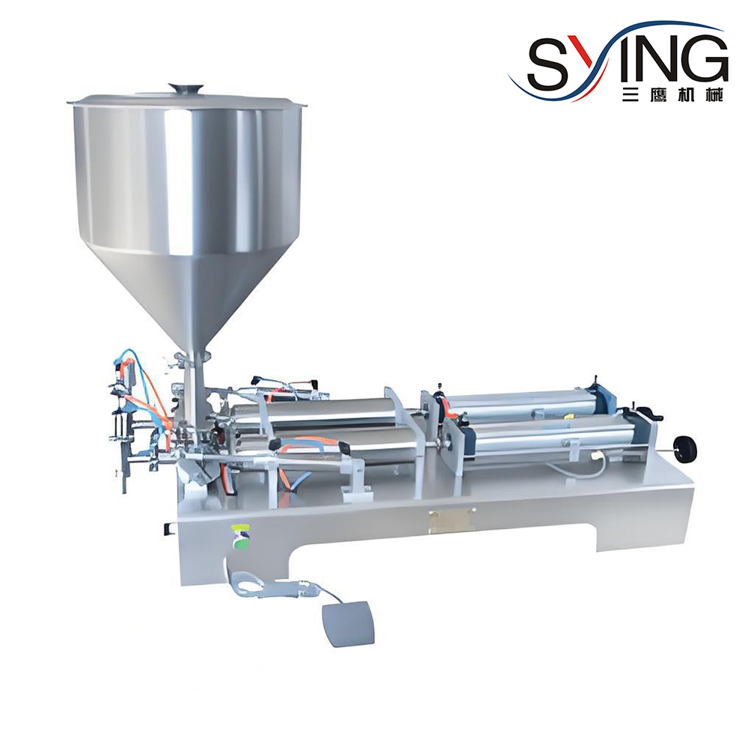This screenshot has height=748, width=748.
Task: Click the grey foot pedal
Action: pos(349,624)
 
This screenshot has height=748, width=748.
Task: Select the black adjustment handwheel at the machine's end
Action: pos(685,449)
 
